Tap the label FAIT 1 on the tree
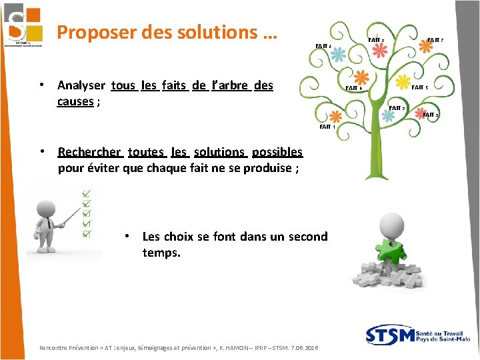click(x=327, y=127)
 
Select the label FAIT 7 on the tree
click(x=435, y=41)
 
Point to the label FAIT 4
click(x=353, y=88)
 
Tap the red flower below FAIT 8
click(x=379, y=53)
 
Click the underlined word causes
click(x=75, y=101)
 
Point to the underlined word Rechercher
click(x=90, y=152)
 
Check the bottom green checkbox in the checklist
click(x=86, y=233)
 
